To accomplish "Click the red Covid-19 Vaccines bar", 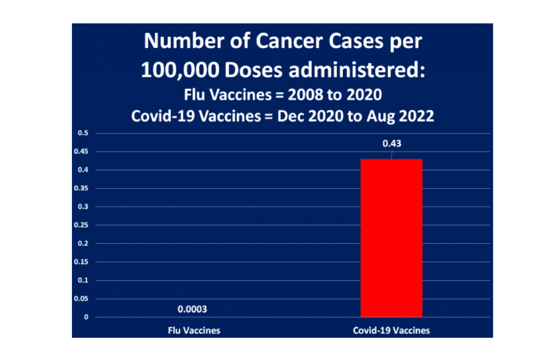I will pos(391,237).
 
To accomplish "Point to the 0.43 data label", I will pos(391,144).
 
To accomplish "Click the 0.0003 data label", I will pos(192,309).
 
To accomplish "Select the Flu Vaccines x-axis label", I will pos(194,331).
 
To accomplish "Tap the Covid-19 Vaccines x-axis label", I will pos(391,331).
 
